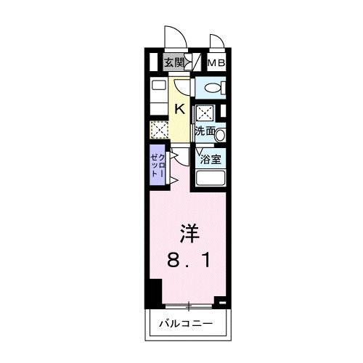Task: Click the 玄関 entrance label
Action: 173,63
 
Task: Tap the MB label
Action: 216,63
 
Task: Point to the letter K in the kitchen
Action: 179,110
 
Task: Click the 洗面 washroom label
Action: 204,131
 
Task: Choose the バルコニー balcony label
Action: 187,322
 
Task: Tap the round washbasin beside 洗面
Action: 221,134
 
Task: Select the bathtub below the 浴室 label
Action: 211,179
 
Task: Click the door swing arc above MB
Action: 216,43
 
